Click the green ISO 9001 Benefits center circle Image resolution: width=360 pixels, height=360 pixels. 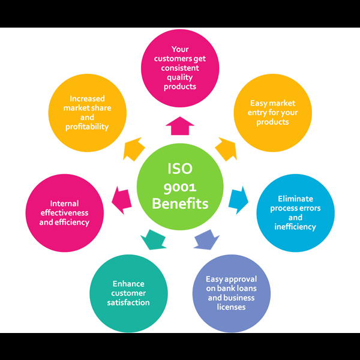pyautogui.click(x=180, y=187)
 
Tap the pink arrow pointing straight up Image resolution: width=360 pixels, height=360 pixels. pyautogui.click(x=180, y=126)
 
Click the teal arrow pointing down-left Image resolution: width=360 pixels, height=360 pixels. pyautogui.click(x=153, y=239)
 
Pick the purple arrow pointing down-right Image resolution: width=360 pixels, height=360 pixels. pyautogui.click(x=206, y=239)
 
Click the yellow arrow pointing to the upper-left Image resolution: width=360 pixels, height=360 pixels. pyautogui.click(x=134, y=149)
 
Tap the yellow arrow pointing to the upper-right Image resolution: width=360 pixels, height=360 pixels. pyautogui.click(x=226, y=149)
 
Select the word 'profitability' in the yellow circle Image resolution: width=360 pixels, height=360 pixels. pyautogui.click(x=88, y=127)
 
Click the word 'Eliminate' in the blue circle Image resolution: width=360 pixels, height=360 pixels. pyautogui.click(x=295, y=199)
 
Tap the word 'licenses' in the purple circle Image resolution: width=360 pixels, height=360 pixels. pyautogui.click(x=231, y=307)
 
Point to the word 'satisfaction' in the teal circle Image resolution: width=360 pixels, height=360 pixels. pyautogui.click(x=128, y=302)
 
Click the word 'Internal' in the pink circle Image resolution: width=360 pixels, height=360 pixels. pyautogui.click(x=64, y=203)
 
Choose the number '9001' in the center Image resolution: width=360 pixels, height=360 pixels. pyautogui.click(x=180, y=187)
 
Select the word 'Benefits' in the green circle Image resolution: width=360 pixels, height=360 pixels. pyautogui.click(x=180, y=204)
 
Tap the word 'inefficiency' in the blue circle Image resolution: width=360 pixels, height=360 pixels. pyautogui.click(x=295, y=227)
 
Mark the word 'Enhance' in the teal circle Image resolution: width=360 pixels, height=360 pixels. pyautogui.click(x=128, y=284)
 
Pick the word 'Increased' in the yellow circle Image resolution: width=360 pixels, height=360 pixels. pyautogui.click(x=88, y=99)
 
